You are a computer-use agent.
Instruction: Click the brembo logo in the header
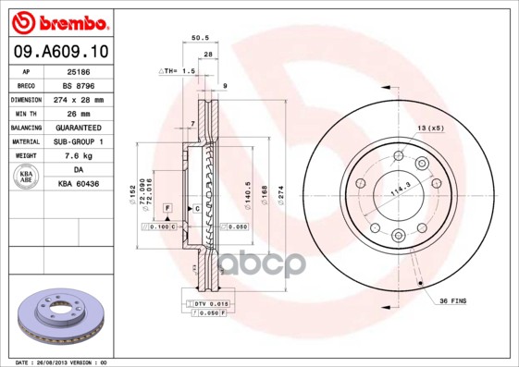click(x=59, y=20)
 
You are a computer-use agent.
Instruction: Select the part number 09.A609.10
click(x=59, y=50)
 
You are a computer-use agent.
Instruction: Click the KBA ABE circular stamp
click(x=26, y=177)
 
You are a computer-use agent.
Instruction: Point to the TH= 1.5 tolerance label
click(x=178, y=70)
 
